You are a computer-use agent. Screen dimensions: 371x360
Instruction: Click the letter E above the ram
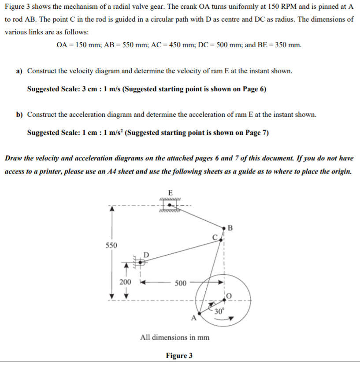[171, 192]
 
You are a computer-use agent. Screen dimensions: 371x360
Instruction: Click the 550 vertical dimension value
[111, 245]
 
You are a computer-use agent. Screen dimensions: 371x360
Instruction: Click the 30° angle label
[219, 312]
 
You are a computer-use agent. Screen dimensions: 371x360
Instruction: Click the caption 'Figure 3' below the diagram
[179, 356]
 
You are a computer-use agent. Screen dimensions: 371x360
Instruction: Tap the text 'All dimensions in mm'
[174, 338]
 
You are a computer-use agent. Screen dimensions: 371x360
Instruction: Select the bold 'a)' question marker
[19, 71]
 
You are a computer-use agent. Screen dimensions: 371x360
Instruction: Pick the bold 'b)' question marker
[19, 115]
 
